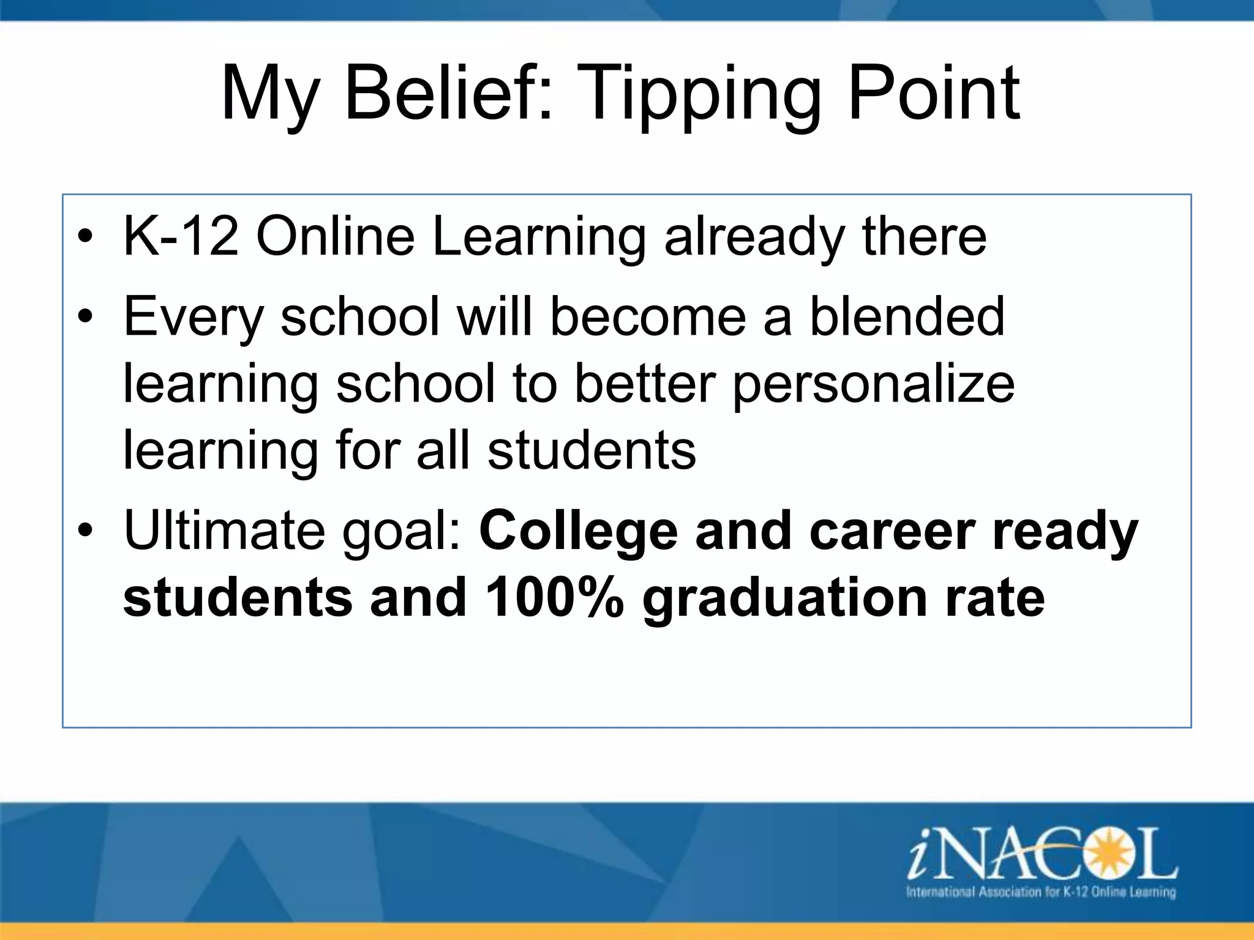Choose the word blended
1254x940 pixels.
click(x=907, y=316)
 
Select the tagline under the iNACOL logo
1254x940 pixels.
click(x=1040, y=892)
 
